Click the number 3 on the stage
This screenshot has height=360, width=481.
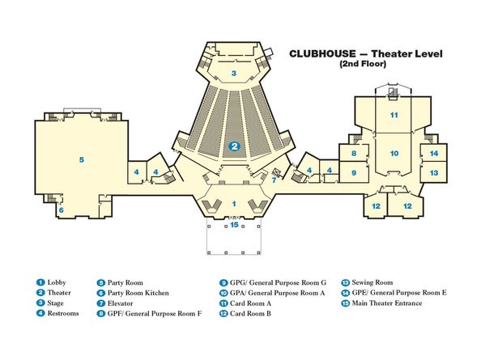click(234, 74)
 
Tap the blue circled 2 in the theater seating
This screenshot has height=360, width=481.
click(234, 146)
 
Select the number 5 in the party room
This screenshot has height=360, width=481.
click(81, 159)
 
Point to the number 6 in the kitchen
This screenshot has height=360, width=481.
click(62, 210)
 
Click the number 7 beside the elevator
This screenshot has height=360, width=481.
click(274, 180)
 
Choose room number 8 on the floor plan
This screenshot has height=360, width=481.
click(354, 153)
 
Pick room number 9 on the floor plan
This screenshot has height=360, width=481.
click(354, 173)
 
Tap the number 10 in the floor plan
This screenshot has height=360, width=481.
click(394, 153)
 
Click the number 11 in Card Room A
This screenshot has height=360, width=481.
click(394, 115)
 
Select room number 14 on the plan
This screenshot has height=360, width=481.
click(434, 153)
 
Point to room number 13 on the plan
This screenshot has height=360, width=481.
click(434, 173)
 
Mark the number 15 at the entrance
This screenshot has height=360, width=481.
click(234, 225)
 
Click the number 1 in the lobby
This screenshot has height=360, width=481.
click(234, 204)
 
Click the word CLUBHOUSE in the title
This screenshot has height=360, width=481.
click(322, 54)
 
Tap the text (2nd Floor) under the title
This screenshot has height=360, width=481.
click(363, 64)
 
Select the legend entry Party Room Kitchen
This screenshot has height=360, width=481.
click(138, 293)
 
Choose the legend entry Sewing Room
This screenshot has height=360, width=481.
click(372, 282)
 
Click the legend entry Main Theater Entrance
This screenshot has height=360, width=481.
click(387, 303)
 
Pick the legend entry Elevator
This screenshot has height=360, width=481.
click(120, 303)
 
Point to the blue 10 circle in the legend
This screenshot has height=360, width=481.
click(223, 293)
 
